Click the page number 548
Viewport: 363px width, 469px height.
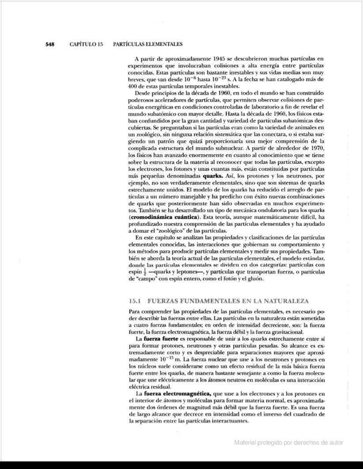pos(49,44)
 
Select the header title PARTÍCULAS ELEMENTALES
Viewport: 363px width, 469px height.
pos(148,44)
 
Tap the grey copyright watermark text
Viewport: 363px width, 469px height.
pos(289,443)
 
